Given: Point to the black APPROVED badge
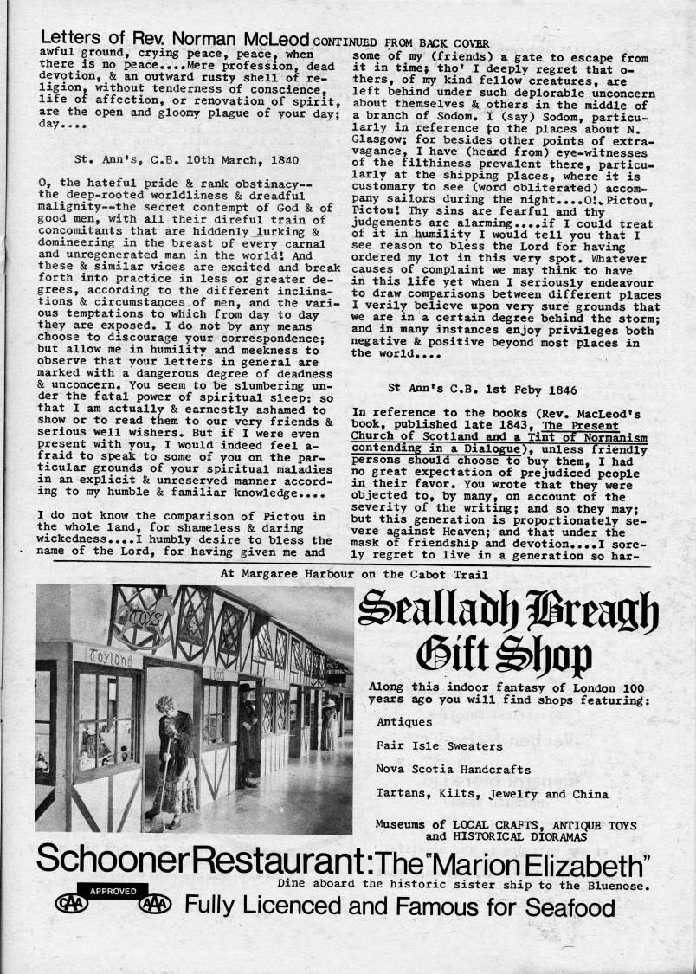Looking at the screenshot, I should point(113,889).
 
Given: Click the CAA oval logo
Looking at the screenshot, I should point(70,906).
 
